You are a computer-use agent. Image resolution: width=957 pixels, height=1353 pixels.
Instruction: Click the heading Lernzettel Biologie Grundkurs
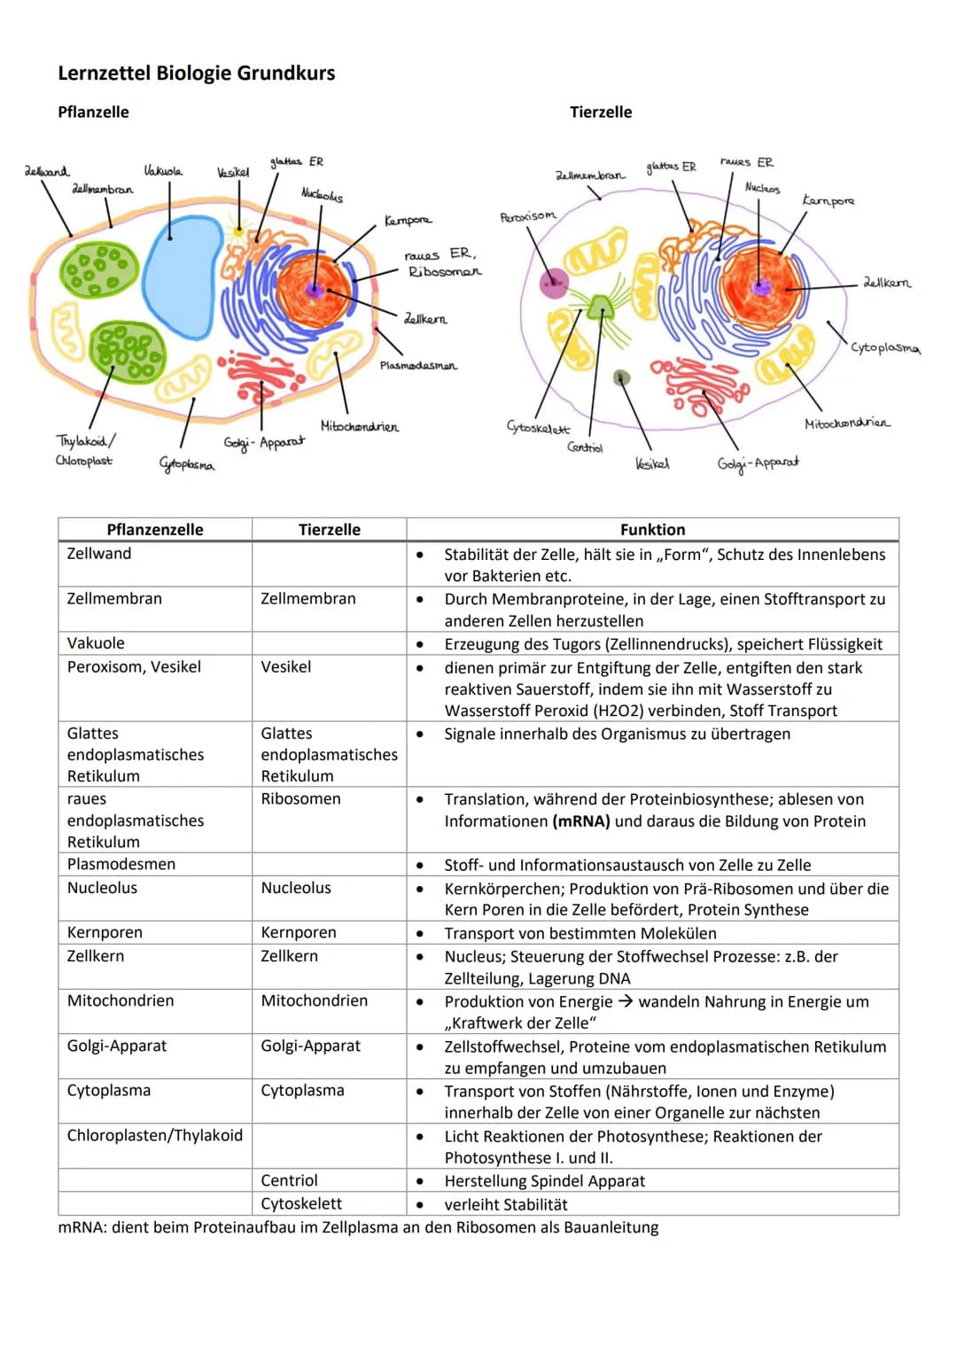(x=196, y=74)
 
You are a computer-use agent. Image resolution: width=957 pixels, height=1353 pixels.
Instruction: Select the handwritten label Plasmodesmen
(x=418, y=365)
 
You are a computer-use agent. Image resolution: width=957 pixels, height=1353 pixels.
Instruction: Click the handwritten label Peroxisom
(x=528, y=216)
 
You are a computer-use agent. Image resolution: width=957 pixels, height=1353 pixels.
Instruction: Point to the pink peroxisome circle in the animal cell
(x=554, y=283)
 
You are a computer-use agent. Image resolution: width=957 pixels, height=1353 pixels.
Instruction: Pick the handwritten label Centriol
(x=585, y=447)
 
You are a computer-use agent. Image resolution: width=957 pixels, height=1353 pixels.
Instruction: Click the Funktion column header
(x=652, y=530)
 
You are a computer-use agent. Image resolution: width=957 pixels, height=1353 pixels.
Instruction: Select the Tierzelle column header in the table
(x=329, y=530)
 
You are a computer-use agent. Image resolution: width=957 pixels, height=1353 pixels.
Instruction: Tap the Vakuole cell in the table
(x=96, y=643)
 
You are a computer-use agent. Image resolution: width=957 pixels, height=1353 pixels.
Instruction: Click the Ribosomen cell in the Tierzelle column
(x=300, y=799)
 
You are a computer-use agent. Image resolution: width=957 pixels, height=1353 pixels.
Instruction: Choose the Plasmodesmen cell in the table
(x=121, y=864)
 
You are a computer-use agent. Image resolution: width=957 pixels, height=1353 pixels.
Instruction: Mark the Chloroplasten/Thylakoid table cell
(x=154, y=1136)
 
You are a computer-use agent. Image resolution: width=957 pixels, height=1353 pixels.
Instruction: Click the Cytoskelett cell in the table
(x=301, y=1204)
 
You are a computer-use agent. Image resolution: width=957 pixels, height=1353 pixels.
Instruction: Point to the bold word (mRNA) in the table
(x=581, y=821)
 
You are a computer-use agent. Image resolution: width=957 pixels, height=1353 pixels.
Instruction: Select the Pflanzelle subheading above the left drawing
(x=93, y=113)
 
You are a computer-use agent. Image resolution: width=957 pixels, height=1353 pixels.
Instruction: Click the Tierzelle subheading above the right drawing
(x=601, y=113)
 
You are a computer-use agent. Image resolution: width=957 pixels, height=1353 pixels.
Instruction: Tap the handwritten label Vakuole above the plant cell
(x=163, y=170)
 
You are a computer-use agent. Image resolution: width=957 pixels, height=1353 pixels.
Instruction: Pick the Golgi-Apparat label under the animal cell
(x=758, y=463)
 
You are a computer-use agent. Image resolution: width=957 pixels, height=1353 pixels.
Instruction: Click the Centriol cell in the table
(x=289, y=1181)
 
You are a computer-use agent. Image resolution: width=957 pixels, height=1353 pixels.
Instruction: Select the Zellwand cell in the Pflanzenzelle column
(x=99, y=554)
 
